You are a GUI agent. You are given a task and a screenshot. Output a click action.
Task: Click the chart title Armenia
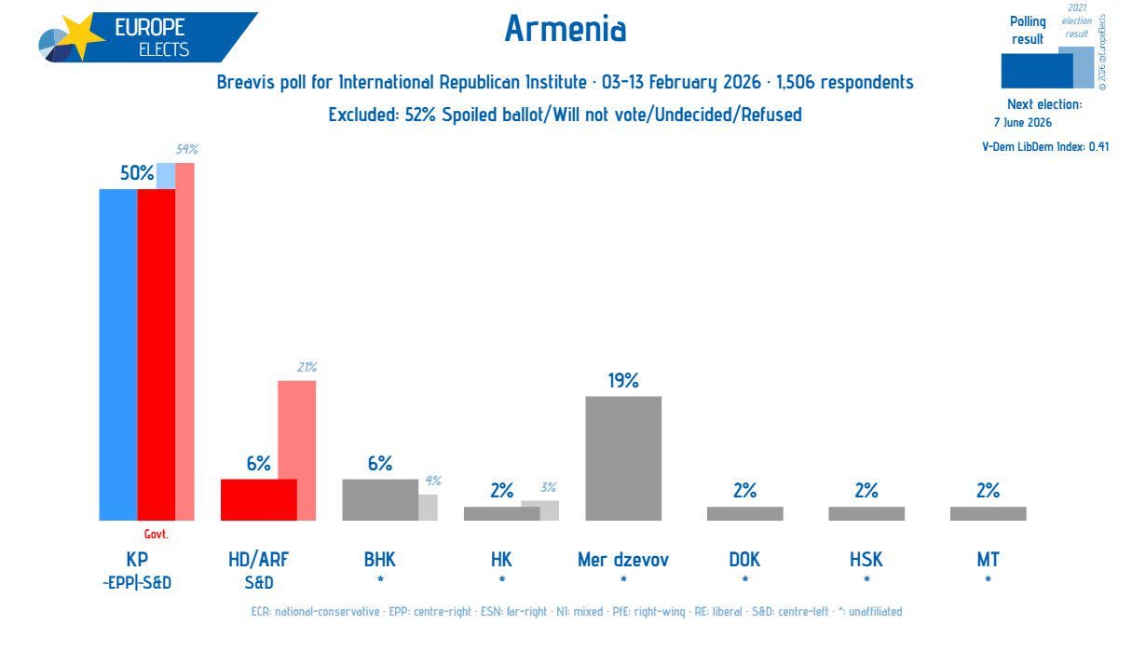tap(565, 30)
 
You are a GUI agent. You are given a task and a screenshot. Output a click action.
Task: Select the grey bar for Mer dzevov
tap(623, 458)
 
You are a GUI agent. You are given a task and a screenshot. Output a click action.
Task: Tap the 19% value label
tap(623, 381)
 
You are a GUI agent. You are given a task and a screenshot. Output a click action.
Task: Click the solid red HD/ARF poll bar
tap(258, 499)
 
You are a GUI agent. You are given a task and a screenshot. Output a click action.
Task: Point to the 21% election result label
tap(307, 368)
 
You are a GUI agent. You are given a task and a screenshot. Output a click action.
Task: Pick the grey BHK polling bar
tap(380, 499)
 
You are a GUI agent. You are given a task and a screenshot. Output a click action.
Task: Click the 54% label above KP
tap(186, 149)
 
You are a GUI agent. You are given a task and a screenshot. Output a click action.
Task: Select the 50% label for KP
tap(135, 172)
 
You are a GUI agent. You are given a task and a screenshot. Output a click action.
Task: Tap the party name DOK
tap(744, 560)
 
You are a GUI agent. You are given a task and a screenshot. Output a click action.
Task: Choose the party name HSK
tap(866, 560)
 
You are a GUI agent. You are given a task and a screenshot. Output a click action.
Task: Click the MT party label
tap(988, 560)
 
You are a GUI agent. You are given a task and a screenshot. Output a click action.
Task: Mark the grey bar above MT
tap(988, 513)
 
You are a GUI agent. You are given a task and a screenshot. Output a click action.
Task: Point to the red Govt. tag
tap(156, 535)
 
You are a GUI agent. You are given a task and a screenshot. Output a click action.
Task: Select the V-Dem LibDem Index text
tap(1045, 146)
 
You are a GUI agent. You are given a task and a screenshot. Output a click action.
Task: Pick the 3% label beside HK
tap(548, 487)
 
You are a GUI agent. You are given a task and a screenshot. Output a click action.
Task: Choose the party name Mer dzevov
tap(623, 560)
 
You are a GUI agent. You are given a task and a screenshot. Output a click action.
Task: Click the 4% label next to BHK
tap(432, 481)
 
